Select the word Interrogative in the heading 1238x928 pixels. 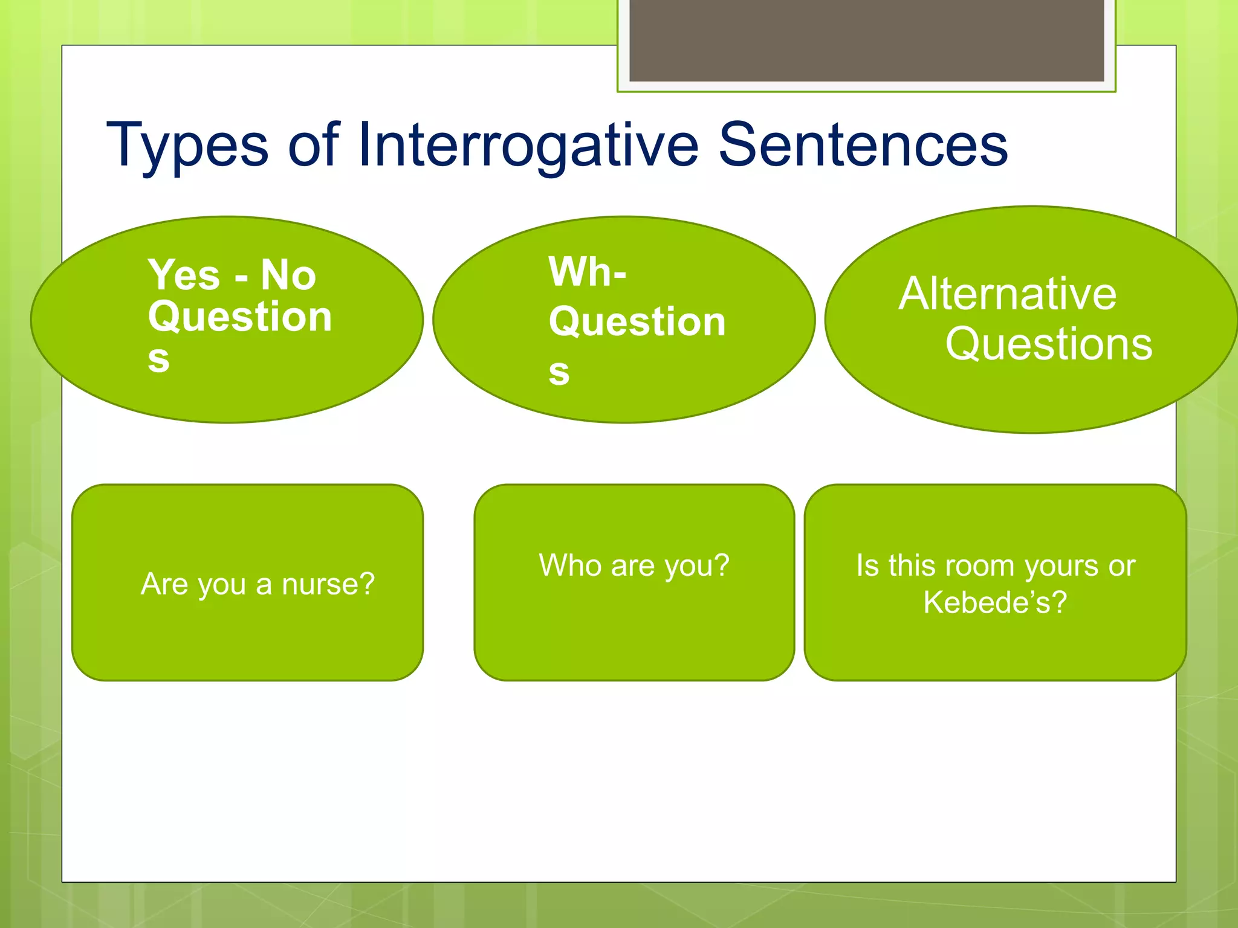(x=528, y=147)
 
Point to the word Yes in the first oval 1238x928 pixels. (x=184, y=275)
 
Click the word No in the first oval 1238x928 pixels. (x=288, y=275)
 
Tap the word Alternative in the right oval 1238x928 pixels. (x=1007, y=294)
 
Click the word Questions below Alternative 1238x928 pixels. (x=1049, y=344)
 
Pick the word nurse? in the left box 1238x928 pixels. (x=328, y=584)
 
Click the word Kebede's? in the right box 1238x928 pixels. (x=995, y=602)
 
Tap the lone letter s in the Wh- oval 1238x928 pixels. (x=559, y=372)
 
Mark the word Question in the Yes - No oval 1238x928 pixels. (x=240, y=317)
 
